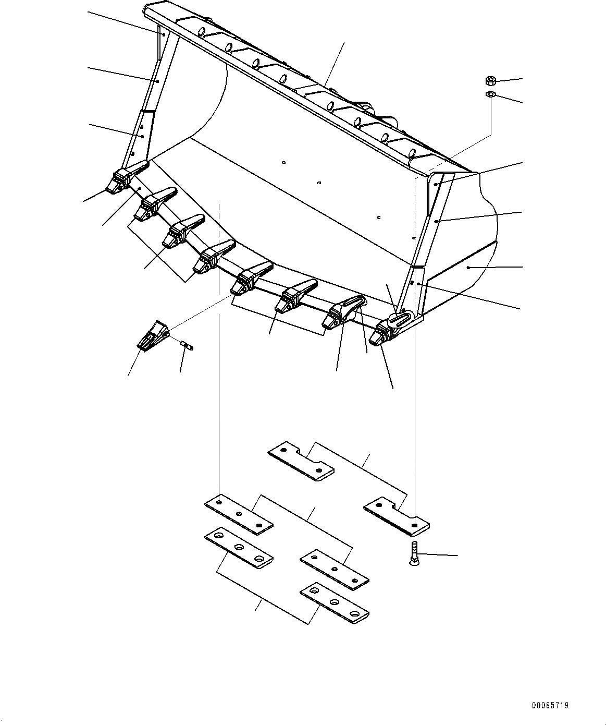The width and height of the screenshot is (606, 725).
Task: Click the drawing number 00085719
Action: tap(550, 705)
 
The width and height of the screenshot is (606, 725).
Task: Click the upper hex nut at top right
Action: tap(489, 81)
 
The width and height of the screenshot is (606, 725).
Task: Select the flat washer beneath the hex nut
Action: tap(490, 94)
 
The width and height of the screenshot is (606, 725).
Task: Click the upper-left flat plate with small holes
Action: tap(239, 514)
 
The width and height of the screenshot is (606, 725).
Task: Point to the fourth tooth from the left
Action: tap(211, 257)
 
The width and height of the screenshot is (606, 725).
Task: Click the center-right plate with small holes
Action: tap(334, 569)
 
